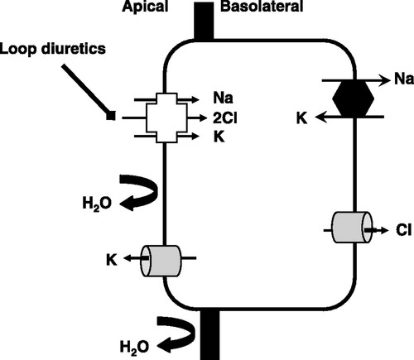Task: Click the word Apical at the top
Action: pos(145,6)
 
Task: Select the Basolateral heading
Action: pos(262,6)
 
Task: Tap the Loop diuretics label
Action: pos(53,49)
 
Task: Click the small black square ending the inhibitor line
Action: pos(111,115)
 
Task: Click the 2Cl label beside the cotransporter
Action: pos(225,118)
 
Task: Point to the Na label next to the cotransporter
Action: pos(223,98)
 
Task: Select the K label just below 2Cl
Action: pos(219,137)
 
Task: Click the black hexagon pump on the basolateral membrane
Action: pos(354,98)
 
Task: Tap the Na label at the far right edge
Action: pos(404,79)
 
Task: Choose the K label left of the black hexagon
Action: pos(301,118)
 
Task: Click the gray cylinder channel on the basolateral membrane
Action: pos(352,228)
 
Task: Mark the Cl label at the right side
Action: pos(403,230)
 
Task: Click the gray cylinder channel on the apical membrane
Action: pos(161,261)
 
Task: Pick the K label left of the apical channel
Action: pos(112,260)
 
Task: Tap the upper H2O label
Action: pos(97,204)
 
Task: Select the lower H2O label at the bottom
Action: pos(134,347)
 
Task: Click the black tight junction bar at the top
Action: pos(204,21)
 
